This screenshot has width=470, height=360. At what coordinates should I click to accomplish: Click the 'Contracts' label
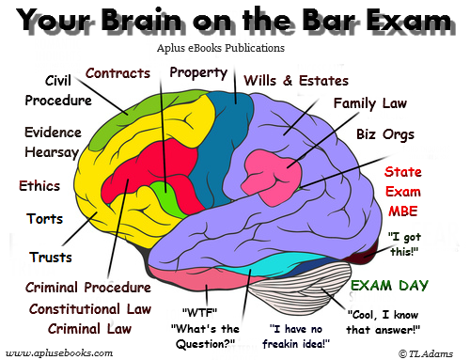pyautogui.click(x=119, y=72)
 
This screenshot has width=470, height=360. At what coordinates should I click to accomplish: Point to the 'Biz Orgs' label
pyautogui.click(x=384, y=134)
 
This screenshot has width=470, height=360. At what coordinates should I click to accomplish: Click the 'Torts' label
pyautogui.click(x=46, y=219)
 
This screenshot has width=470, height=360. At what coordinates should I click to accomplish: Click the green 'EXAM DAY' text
pyautogui.click(x=389, y=286)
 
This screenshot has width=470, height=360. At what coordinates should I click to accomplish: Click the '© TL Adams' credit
pyautogui.click(x=428, y=352)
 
